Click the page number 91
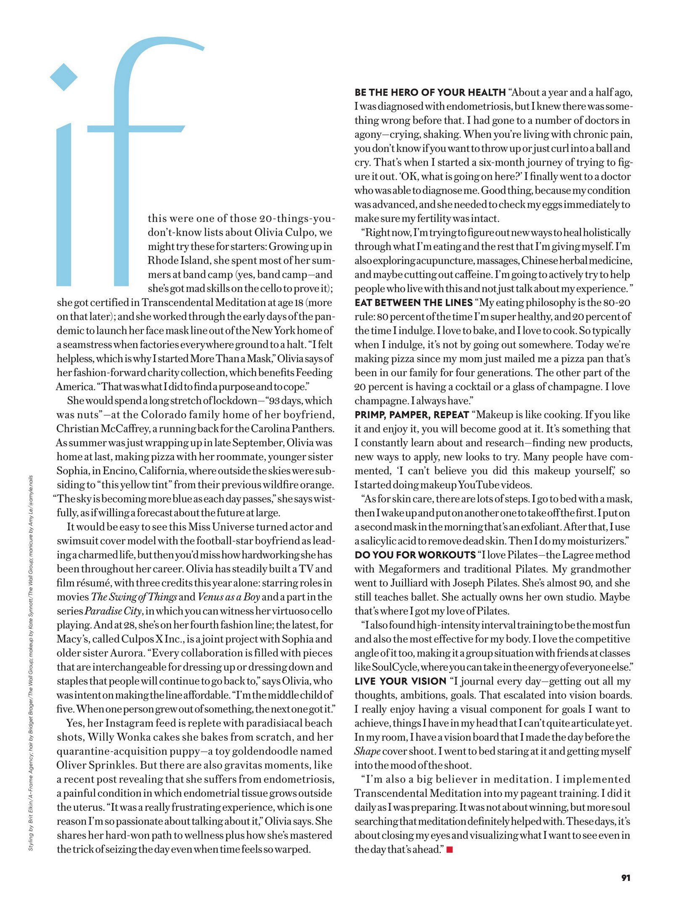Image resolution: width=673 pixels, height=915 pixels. (x=625, y=878)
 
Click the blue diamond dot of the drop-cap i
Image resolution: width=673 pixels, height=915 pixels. (x=64, y=77)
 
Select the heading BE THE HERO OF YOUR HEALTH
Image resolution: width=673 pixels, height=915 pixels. (x=430, y=93)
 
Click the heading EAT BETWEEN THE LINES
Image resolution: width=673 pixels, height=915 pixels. (x=413, y=302)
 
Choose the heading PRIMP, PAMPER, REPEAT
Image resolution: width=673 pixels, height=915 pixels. (x=411, y=415)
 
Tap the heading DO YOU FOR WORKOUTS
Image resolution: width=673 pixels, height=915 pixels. (x=415, y=555)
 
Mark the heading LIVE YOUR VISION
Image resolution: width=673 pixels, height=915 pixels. (x=400, y=681)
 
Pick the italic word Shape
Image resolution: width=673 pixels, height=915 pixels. (x=367, y=751)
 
